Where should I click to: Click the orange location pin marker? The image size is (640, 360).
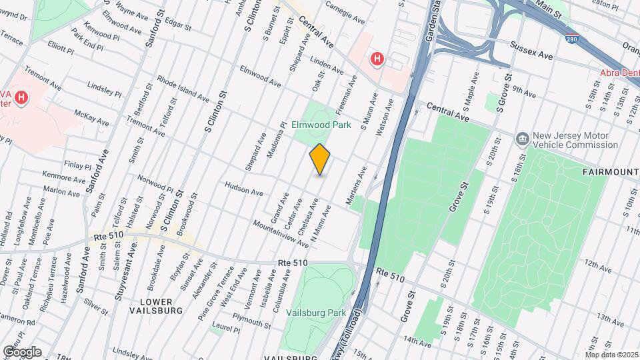tap(320, 159)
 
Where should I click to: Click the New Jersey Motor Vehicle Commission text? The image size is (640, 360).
tap(570, 140)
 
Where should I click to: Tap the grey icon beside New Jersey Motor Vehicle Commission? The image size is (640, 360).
tap(523, 139)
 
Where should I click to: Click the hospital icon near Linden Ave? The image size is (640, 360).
tap(377, 59)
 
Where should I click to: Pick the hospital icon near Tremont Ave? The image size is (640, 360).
tap(21, 98)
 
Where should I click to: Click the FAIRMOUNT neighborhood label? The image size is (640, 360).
tap(611, 172)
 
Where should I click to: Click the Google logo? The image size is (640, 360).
tap(22, 351)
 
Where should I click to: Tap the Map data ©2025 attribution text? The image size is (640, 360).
tap(611, 355)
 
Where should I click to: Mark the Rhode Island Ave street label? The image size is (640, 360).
tap(183, 89)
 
